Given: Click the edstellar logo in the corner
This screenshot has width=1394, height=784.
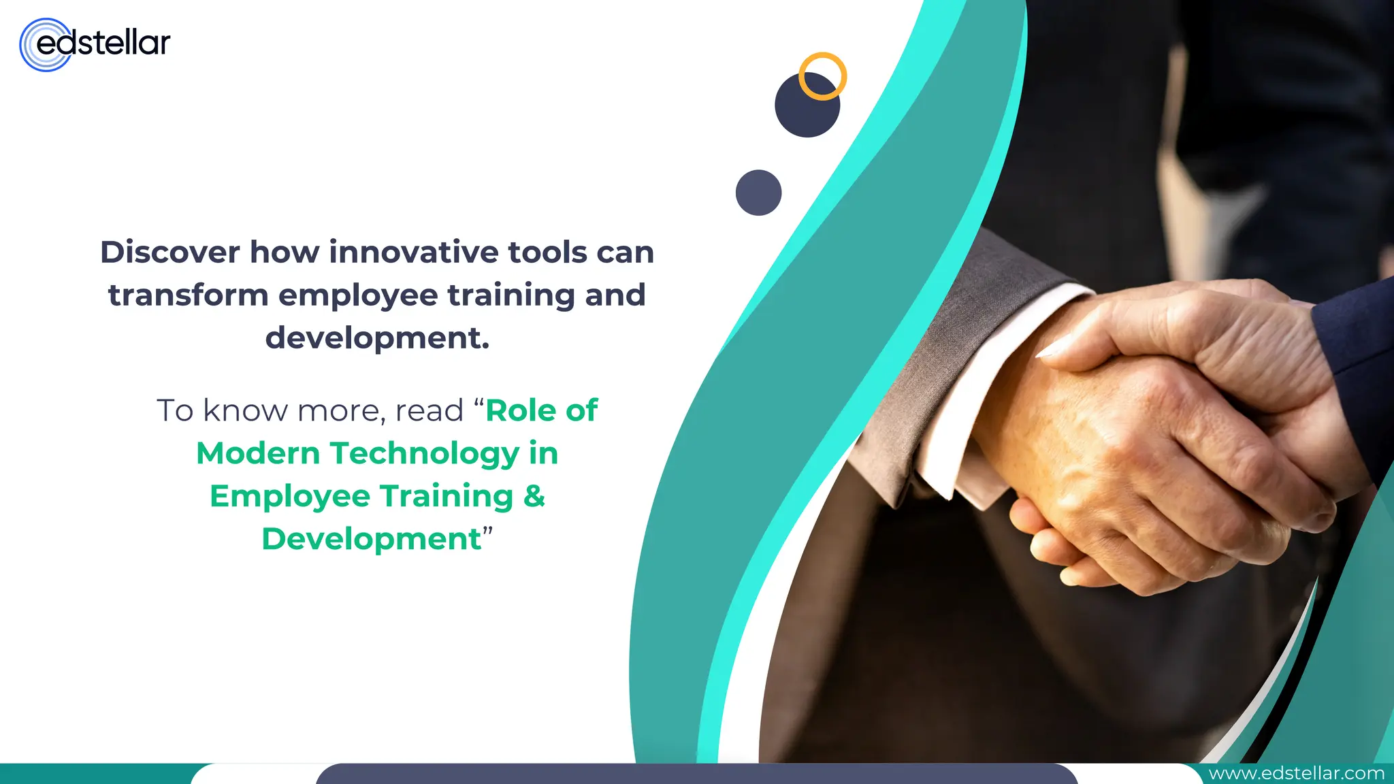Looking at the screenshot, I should click(x=95, y=44).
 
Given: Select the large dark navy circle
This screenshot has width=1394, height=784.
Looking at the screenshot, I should click(x=803, y=112).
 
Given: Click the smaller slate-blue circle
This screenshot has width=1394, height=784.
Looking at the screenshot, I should click(x=758, y=193).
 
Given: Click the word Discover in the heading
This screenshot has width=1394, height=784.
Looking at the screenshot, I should click(x=170, y=252).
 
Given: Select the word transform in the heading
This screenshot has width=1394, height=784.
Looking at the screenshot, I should click(x=188, y=295).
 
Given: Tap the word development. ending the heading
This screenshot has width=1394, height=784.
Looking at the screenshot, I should click(x=377, y=338).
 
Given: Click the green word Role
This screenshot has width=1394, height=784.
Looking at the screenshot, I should click(x=521, y=410).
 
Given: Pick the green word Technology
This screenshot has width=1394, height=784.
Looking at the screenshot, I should click(x=425, y=454).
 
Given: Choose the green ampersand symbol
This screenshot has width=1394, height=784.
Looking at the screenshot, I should click(x=534, y=496).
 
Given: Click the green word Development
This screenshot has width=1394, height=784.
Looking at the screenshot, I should click(x=372, y=539).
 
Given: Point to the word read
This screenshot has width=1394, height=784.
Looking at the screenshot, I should click(x=429, y=411).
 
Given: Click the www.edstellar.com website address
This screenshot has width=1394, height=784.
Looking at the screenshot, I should click(x=1296, y=774).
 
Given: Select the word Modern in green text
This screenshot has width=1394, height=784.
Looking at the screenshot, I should click(x=258, y=454).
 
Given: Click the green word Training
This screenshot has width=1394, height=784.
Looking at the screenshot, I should click(x=447, y=496).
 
